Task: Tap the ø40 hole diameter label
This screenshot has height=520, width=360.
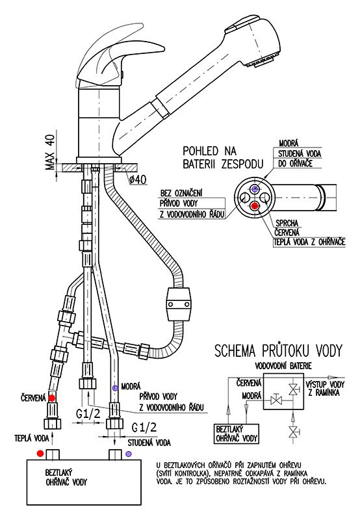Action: point(138,180)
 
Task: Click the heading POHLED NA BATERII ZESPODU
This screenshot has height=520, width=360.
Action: point(223,157)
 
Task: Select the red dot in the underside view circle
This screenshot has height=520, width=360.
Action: point(255,205)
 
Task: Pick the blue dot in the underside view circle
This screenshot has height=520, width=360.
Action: point(255,188)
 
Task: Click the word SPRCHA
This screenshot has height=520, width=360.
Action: point(287,223)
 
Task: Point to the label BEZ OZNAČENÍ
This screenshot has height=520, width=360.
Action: point(181,193)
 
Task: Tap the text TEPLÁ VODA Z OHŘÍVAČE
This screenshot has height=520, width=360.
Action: point(309,242)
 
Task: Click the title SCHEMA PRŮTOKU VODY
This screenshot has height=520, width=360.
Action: point(278,351)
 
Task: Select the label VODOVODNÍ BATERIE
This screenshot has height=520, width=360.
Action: point(283,366)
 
